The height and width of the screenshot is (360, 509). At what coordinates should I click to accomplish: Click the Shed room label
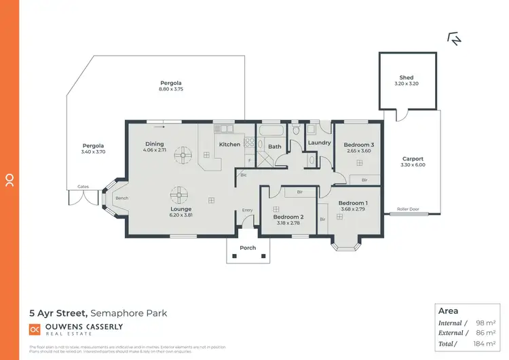click(x=406, y=77)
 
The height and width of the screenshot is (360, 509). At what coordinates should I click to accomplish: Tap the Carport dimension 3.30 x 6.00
click(x=413, y=165)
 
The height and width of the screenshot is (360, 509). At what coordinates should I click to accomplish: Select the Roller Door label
click(x=407, y=209)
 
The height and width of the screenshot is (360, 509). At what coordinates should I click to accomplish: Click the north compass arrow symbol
click(x=454, y=39)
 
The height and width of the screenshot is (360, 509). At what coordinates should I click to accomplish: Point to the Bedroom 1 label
click(x=353, y=203)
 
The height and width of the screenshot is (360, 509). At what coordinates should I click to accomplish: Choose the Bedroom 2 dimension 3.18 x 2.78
click(x=289, y=223)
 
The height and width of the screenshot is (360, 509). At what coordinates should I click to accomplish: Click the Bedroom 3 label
click(x=358, y=145)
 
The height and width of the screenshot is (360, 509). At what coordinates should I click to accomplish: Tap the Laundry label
click(x=319, y=143)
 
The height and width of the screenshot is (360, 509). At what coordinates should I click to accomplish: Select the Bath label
click(x=274, y=146)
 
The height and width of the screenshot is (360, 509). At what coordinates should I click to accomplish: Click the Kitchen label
click(x=229, y=144)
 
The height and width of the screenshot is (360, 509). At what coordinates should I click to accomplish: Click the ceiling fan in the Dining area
click(x=182, y=156)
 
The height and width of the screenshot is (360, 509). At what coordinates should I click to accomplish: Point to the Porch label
click(x=248, y=248)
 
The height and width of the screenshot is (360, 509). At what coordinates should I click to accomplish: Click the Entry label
click(x=247, y=210)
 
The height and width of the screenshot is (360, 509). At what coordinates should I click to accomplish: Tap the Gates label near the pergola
click(x=83, y=186)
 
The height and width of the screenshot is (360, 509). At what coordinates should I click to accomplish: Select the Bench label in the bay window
click(x=122, y=198)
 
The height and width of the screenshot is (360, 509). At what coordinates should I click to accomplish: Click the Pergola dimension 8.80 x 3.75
click(x=171, y=90)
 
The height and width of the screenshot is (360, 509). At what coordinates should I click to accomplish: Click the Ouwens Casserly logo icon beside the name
click(x=35, y=329)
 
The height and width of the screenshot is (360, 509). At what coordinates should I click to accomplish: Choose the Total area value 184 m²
click(x=485, y=344)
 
